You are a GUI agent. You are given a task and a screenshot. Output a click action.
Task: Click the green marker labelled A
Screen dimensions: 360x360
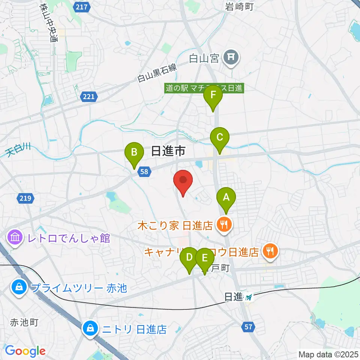pyautogui.click(x=226, y=197)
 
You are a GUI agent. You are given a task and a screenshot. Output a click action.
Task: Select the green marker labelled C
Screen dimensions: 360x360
pyautogui.click(x=219, y=138)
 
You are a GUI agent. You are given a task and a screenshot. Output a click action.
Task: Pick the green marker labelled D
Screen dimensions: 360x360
pyautogui.click(x=189, y=258)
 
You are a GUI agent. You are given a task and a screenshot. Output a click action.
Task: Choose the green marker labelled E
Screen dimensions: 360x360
pyautogui.click(x=205, y=258)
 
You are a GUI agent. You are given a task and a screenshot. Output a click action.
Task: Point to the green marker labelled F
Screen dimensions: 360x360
pyautogui.click(x=213, y=95)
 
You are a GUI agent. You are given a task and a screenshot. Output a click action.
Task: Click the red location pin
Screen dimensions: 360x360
pyautogui.click(x=183, y=181)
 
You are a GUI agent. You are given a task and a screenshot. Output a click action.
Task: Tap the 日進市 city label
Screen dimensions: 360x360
pyautogui.click(x=168, y=151)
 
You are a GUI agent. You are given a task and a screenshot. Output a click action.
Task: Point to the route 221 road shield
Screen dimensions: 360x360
pyautogui.click(x=89, y=97)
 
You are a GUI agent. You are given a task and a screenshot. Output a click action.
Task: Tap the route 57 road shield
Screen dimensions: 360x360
pyautogui.click(x=248, y=327)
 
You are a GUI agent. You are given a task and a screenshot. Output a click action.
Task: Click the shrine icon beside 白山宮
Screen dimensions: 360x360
pyautogui.click(x=229, y=57)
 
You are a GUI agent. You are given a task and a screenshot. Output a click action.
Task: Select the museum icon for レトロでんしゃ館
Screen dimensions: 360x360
pyautogui.click(x=15, y=237)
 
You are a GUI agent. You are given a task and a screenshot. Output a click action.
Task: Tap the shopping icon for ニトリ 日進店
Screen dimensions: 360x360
pyautogui.click(x=91, y=329)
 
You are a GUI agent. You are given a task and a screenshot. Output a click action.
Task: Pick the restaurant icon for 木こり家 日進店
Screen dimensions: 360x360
pyautogui.click(x=225, y=225)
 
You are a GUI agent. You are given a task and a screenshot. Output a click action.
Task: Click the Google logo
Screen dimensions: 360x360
pyautogui.click(x=25, y=351)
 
